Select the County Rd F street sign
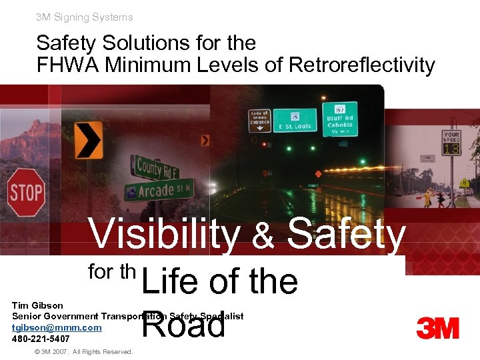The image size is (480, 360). [x=157, y=167]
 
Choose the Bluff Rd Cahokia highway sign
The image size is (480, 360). [x=339, y=119]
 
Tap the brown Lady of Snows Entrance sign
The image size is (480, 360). [x=259, y=121]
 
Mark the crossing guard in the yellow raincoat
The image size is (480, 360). [x=427, y=197]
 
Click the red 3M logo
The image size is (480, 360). [x=437, y=329]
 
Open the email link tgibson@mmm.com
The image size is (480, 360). [x=57, y=327]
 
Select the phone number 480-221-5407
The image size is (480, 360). [x=41, y=339]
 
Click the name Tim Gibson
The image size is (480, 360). [x=37, y=305]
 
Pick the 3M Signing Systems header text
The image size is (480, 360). [x=85, y=17]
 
